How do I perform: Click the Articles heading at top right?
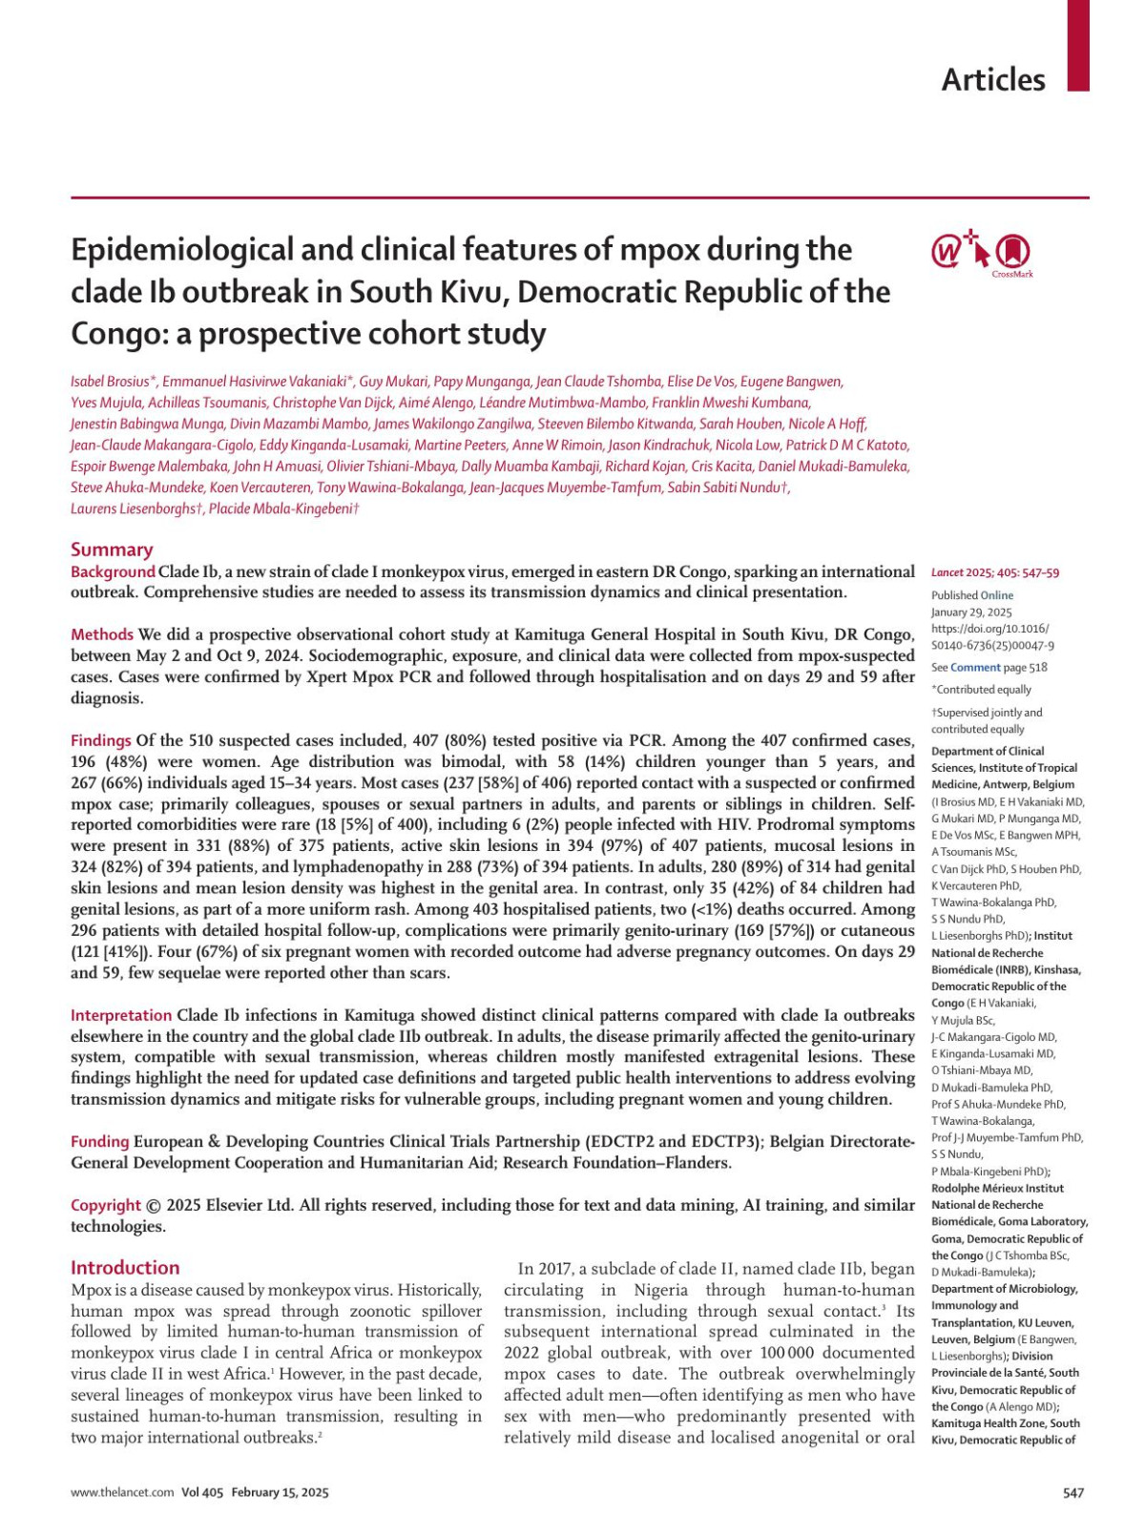(x=992, y=80)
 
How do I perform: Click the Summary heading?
(x=112, y=550)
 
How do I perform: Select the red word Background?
(x=113, y=571)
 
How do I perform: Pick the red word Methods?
(x=102, y=634)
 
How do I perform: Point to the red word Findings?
(x=101, y=740)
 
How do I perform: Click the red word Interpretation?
(x=121, y=1015)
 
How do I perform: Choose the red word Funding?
(x=100, y=1142)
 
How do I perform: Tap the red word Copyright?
(x=106, y=1205)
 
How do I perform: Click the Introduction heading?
(x=125, y=1268)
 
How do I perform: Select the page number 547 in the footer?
(x=1073, y=1493)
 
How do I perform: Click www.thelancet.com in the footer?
(x=122, y=1493)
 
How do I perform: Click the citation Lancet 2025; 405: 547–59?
(x=994, y=573)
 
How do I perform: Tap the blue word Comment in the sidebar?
(x=975, y=668)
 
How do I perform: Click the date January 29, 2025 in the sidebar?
(x=971, y=612)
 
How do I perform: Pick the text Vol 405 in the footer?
(x=201, y=1493)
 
